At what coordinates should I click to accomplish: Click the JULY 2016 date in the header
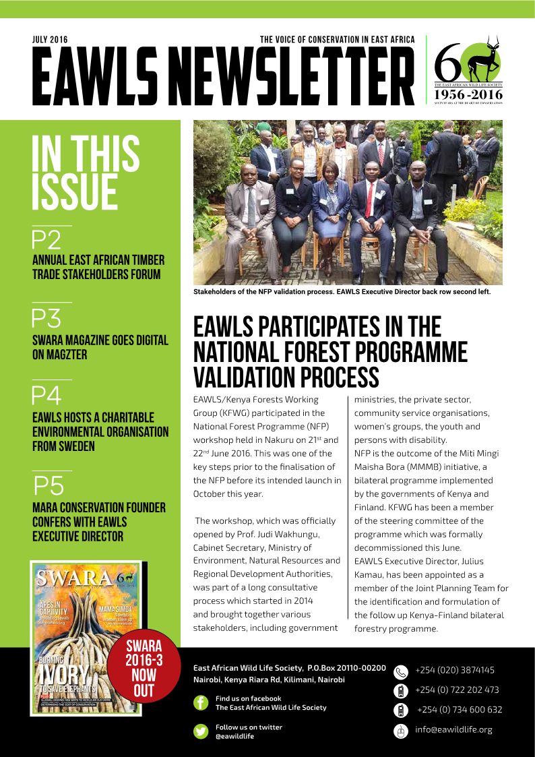pos(50,40)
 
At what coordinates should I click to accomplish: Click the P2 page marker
pos(46,240)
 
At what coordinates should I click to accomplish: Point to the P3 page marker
pos(46,317)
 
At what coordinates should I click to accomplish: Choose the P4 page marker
pos(46,395)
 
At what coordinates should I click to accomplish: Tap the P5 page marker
pos(49,485)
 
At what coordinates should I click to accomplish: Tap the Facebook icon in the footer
pos(201,703)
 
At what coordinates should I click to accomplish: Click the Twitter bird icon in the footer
pos(201,731)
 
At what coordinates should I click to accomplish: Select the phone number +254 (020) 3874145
pos(455,670)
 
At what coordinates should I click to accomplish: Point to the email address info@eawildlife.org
pos(453,729)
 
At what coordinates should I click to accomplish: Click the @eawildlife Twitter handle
pos(235,736)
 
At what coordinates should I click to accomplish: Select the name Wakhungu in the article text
pos(309,534)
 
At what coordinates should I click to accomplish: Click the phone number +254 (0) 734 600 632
pos(459,710)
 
